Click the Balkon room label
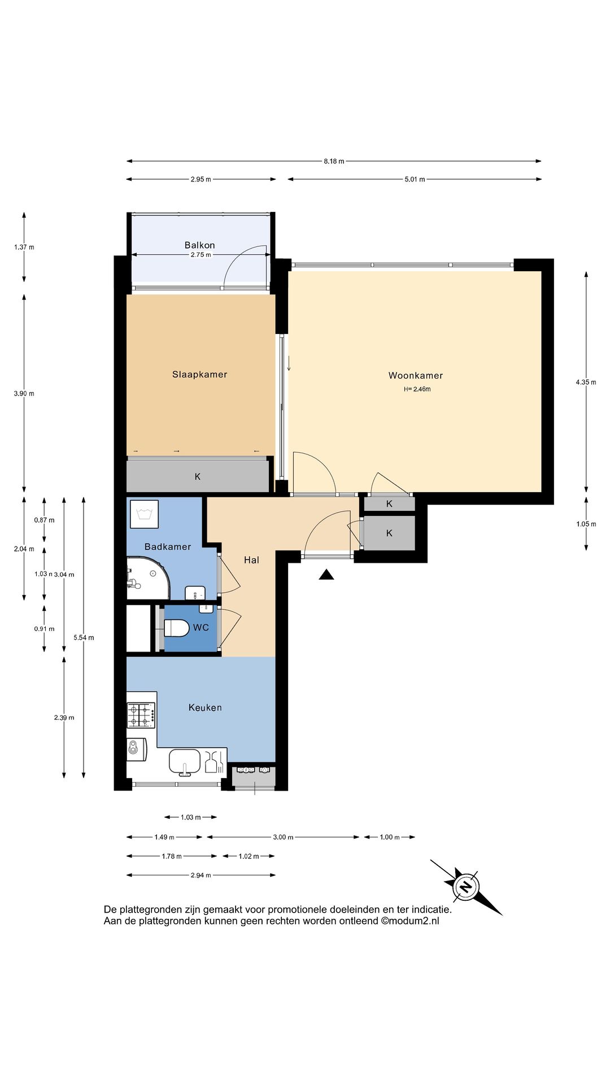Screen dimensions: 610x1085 [199, 245]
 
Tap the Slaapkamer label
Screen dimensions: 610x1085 [200, 374]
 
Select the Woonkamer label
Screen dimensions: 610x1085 [416, 375]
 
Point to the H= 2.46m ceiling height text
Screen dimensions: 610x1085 [417, 389]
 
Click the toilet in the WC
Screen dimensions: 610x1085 [176, 628]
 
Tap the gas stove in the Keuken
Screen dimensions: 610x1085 [141, 714]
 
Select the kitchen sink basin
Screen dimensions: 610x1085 [185, 761]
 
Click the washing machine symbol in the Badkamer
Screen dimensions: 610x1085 [144, 514]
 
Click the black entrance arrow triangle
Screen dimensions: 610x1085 [326, 575]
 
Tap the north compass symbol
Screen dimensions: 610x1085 [466, 886]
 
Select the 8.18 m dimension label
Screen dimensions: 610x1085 [334, 161]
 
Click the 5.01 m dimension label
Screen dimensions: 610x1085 [415, 179]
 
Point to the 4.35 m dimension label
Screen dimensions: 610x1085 [586, 382]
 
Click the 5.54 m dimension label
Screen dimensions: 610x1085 [84, 637]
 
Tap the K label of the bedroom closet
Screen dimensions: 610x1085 [198, 477]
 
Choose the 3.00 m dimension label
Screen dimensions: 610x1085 [283, 837]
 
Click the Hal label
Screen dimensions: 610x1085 [251, 560]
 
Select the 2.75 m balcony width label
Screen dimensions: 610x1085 [201, 255]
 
